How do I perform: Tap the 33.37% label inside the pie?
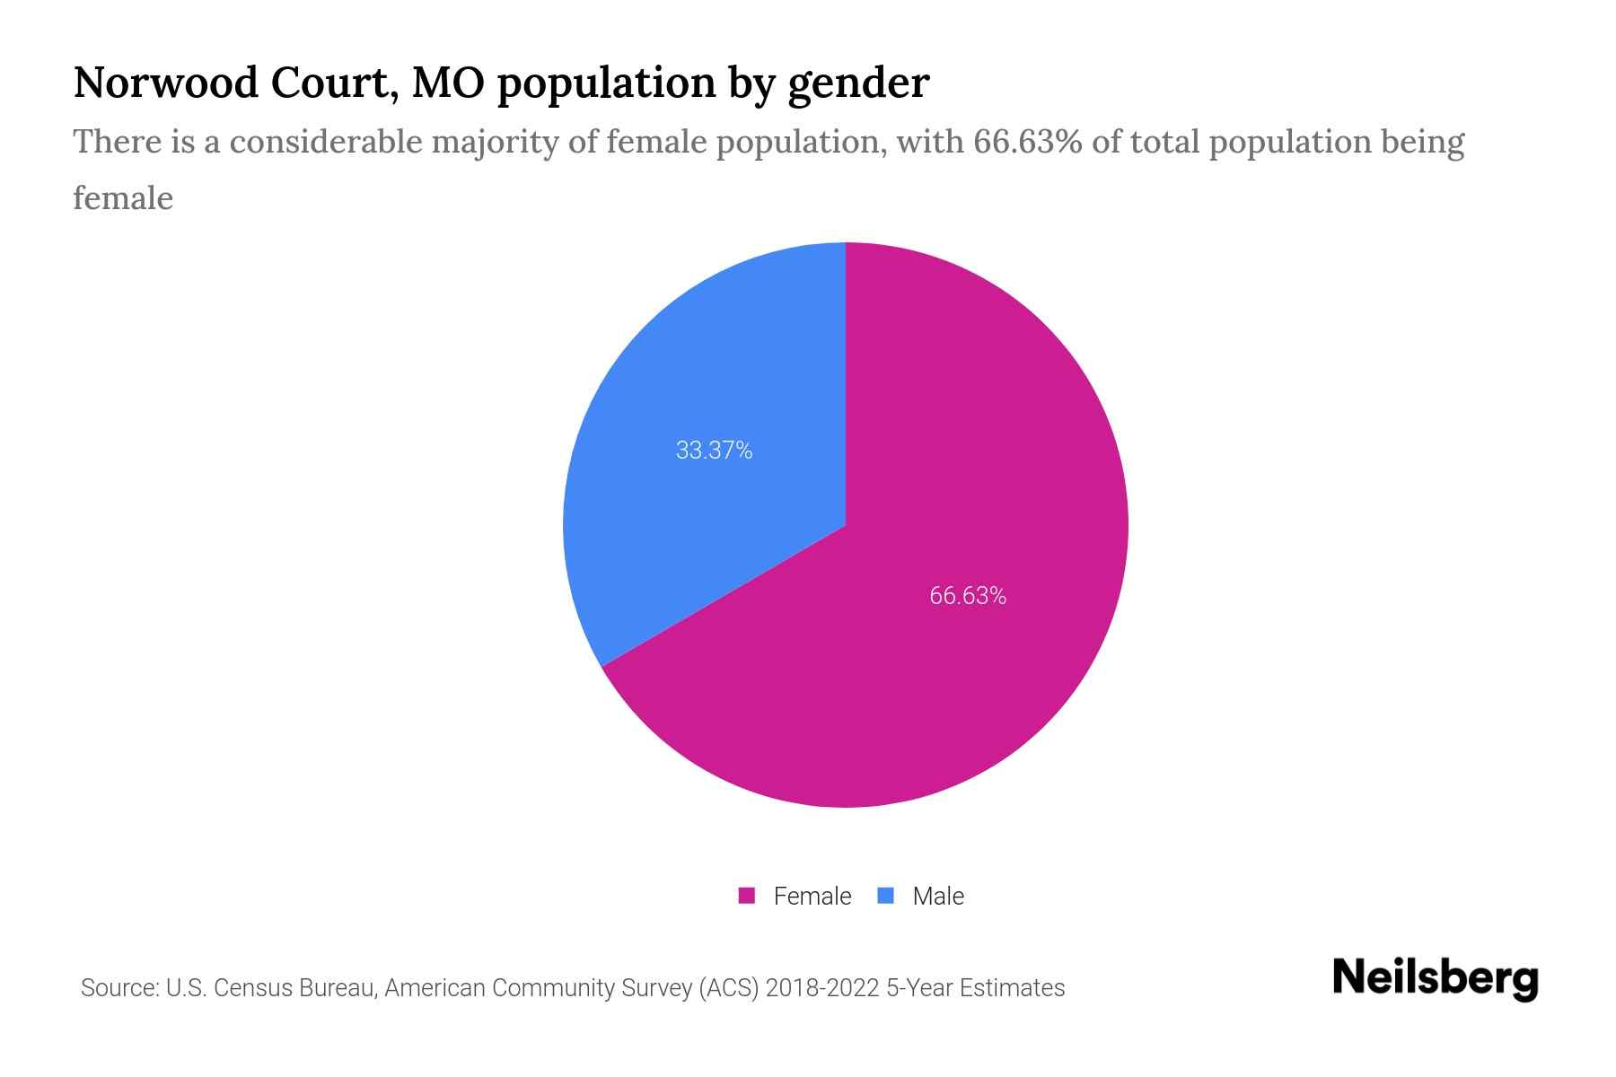pyautogui.click(x=714, y=451)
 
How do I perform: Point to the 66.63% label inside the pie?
pyautogui.click(x=968, y=596)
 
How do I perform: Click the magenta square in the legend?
pyautogui.click(x=746, y=896)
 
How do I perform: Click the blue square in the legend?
pyautogui.click(x=885, y=896)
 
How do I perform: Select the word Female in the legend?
pyautogui.click(x=812, y=896)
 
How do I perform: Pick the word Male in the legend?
pyautogui.click(x=937, y=896)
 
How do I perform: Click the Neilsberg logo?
pyautogui.click(x=1435, y=978)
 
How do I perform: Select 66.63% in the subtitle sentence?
pyautogui.click(x=1027, y=142)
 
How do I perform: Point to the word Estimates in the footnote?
pyautogui.click(x=1012, y=988)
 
